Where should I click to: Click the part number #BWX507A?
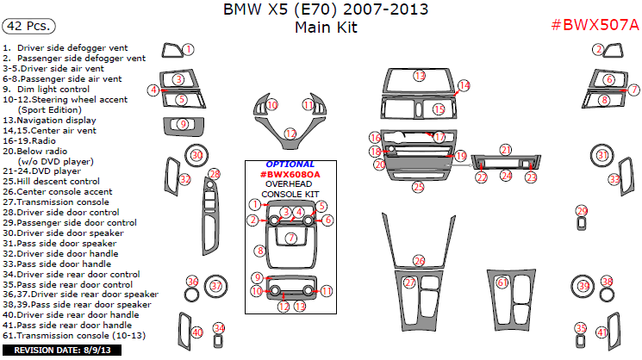[x=595, y=24]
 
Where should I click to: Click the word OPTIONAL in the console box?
[x=290, y=164]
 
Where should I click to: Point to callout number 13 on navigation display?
[x=419, y=77]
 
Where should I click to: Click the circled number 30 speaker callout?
[x=196, y=155]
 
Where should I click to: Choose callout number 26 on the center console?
[x=419, y=260]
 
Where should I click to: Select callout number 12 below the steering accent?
[x=290, y=133]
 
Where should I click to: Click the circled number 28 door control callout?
[x=215, y=174]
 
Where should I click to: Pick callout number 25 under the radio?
[x=418, y=186]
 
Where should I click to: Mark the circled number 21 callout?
[x=506, y=150]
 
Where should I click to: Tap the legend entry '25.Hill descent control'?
[x=52, y=182]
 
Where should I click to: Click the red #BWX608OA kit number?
[x=290, y=174]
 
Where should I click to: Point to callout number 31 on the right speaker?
[x=603, y=156]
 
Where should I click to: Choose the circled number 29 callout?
[x=582, y=211]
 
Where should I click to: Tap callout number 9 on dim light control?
[x=182, y=125]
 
